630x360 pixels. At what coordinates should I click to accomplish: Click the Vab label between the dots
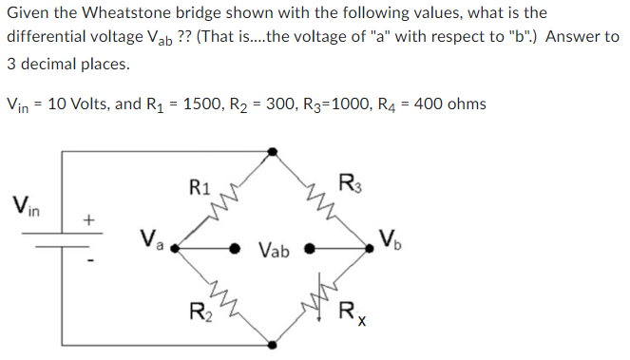pyautogui.click(x=272, y=251)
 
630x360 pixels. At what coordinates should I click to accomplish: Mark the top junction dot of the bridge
pyautogui.click(x=274, y=151)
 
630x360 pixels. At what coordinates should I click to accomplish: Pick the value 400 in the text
pyautogui.click(x=431, y=104)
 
